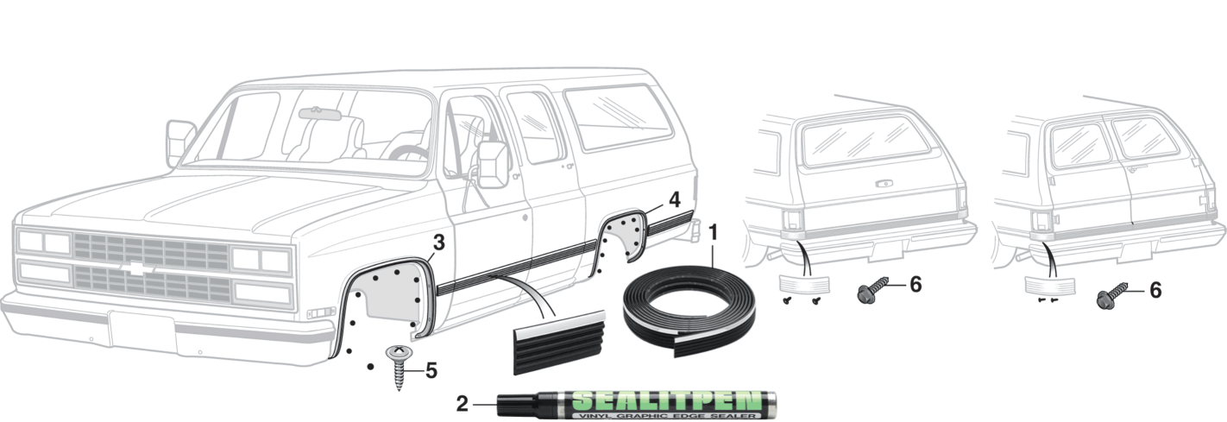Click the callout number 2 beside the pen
click(x=462, y=402)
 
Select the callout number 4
click(x=674, y=198)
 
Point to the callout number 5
click(x=431, y=370)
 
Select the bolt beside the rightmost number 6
click(x=1106, y=299)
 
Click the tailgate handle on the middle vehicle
click(x=884, y=183)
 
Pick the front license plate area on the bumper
click(x=143, y=332)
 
